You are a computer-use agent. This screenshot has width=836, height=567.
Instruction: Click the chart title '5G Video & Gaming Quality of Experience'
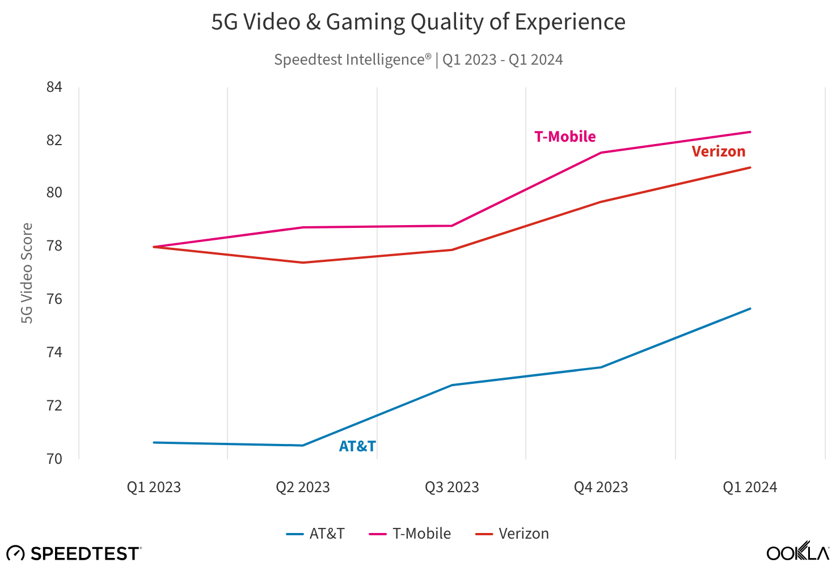418,22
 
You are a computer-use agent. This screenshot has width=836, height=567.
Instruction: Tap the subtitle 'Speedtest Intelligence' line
418,60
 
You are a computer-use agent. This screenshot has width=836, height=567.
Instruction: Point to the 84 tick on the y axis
54,87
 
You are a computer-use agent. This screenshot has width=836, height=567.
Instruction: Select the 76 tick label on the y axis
54,299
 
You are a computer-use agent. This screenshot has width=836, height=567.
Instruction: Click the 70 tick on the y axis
54,458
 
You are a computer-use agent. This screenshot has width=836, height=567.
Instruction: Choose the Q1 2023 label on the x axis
154,487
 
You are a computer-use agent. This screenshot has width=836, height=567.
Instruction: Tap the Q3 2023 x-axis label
452,487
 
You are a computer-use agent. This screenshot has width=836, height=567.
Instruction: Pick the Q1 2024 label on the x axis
750,487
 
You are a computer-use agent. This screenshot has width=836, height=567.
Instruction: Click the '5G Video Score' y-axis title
27,273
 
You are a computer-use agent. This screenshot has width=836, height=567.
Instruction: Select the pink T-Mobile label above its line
565,137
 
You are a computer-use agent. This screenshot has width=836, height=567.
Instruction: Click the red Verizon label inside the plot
719,151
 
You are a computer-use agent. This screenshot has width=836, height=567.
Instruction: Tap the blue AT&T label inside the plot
357,446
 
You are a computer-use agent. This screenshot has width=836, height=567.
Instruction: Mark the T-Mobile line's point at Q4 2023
601,153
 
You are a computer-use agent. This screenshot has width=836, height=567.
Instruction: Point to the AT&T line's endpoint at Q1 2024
750,308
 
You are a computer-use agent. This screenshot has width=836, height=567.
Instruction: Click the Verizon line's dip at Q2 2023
303,263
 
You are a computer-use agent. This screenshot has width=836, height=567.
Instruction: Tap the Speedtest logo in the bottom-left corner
74,553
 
